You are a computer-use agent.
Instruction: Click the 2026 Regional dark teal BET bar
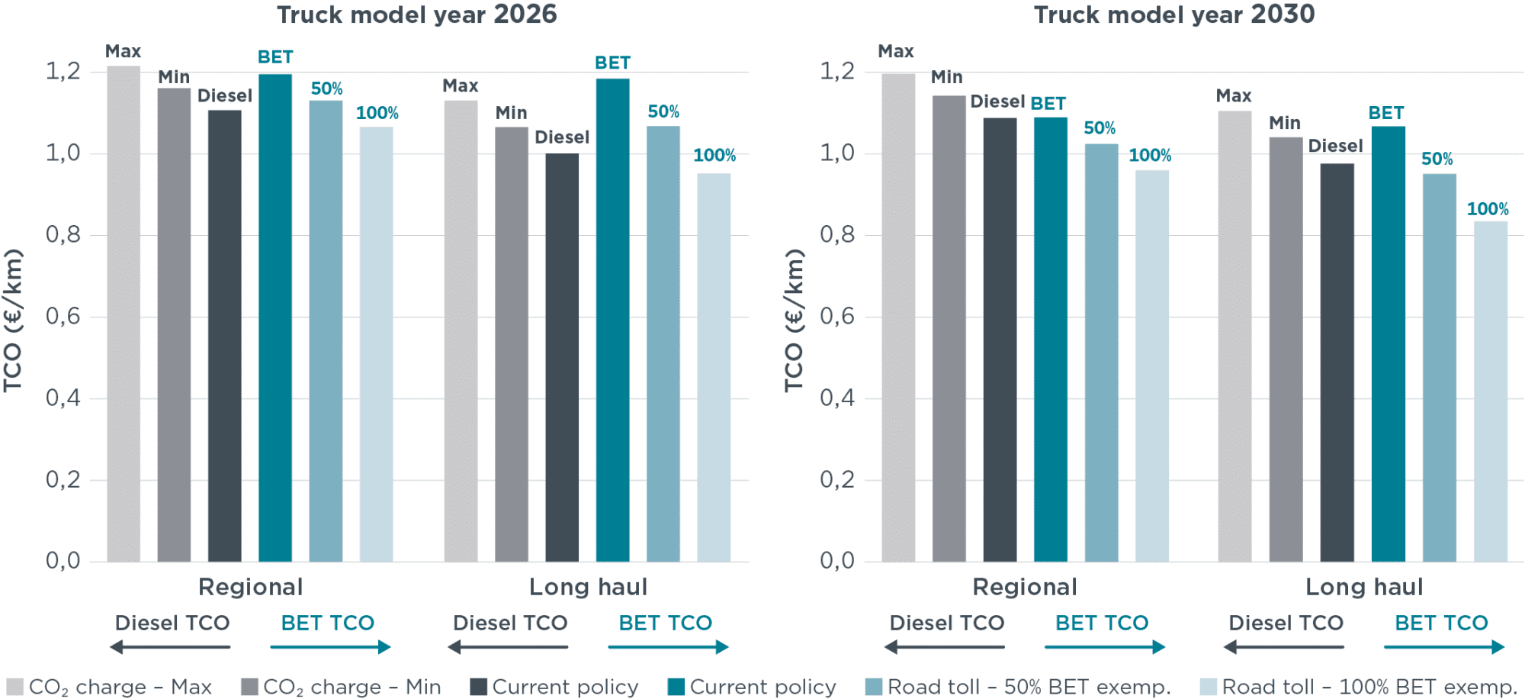tap(275, 317)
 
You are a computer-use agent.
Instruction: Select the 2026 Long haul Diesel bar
tap(562, 357)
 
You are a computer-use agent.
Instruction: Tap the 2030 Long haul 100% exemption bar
tap(1491, 391)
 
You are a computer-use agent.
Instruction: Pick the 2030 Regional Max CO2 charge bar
tap(898, 317)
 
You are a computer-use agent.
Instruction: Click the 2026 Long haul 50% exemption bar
tap(663, 343)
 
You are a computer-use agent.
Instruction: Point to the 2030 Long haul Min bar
tap(1286, 349)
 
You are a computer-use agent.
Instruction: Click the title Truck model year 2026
tap(416, 14)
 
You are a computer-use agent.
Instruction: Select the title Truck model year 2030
tap(1174, 14)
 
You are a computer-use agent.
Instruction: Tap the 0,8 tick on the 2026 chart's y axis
tap(63, 234)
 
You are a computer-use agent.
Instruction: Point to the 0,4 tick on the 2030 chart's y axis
tap(837, 398)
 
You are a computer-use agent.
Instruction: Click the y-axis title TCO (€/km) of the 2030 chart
tap(795, 321)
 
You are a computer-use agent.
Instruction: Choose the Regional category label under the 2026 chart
tap(251, 587)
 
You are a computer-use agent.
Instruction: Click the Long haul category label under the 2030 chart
tap(1364, 587)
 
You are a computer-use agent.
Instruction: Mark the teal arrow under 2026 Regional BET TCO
tap(330, 647)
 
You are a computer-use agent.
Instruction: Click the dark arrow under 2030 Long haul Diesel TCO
tap(1283, 647)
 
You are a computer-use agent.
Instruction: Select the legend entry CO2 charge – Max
tap(109, 688)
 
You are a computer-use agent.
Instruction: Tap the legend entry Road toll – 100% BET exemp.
tap(1358, 688)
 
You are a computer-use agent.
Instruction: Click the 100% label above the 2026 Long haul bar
tap(714, 156)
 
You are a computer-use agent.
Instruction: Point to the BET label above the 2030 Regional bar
tap(1048, 104)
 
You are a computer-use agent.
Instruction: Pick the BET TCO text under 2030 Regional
tap(1102, 623)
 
